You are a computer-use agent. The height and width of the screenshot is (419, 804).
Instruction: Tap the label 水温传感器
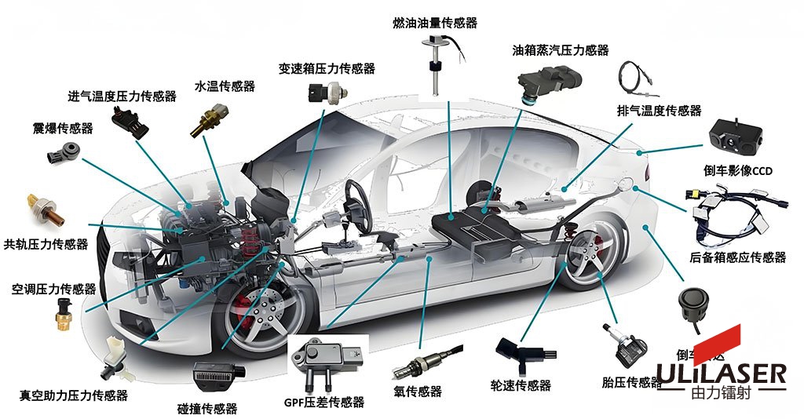coord(225,86)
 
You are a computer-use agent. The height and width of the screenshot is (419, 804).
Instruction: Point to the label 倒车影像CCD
coord(739,170)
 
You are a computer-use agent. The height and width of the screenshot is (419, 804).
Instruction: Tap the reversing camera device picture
coord(736,137)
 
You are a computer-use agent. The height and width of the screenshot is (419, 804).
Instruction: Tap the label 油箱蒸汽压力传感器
coord(560,50)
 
